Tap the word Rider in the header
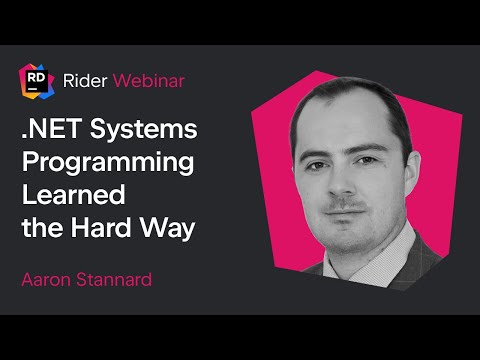(83, 79)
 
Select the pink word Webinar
(148, 79)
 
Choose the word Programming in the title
(108, 164)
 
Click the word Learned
(70, 196)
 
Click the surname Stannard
(117, 279)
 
